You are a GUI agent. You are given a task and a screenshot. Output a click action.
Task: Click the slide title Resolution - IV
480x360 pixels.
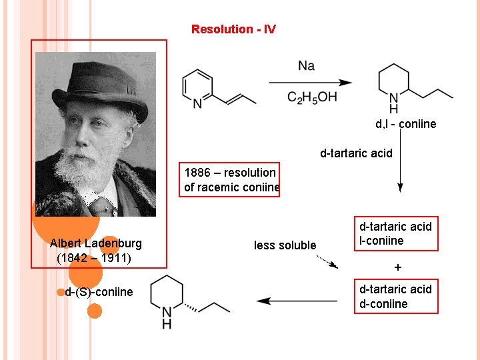(x=233, y=29)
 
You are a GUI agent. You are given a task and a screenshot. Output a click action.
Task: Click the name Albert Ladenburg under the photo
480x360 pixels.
(x=96, y=243)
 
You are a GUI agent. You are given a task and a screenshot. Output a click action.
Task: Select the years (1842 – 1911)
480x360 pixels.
(x=95, y=257)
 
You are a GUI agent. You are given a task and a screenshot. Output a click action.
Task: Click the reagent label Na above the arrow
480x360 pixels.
(x=307, y=65)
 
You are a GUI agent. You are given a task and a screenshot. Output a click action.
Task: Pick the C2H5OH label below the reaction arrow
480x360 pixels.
(x=312, y=98)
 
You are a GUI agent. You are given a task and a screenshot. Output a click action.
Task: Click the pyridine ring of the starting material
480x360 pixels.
(x=197, y=87)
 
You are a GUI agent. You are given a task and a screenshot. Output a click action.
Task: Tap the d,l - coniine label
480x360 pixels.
(x=405, y=124)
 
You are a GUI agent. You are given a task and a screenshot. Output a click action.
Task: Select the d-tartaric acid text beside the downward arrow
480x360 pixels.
(x=356, y=153)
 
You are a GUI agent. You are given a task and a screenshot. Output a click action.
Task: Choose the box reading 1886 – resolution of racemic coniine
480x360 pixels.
(x=231, y=180)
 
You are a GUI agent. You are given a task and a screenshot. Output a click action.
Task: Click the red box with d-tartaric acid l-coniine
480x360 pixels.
(x=396, y=233)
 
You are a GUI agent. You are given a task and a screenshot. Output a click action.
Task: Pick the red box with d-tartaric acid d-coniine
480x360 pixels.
(x=396, y=296)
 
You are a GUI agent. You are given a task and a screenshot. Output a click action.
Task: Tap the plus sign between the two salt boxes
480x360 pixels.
(x=398, y=267)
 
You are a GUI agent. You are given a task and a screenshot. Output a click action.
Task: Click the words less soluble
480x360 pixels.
(x=285, y=245)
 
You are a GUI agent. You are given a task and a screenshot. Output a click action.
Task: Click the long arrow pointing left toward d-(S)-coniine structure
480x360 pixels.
(x=297, y=301)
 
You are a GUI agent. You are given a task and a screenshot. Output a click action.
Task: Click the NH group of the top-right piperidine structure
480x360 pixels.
(x=393, y=103)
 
